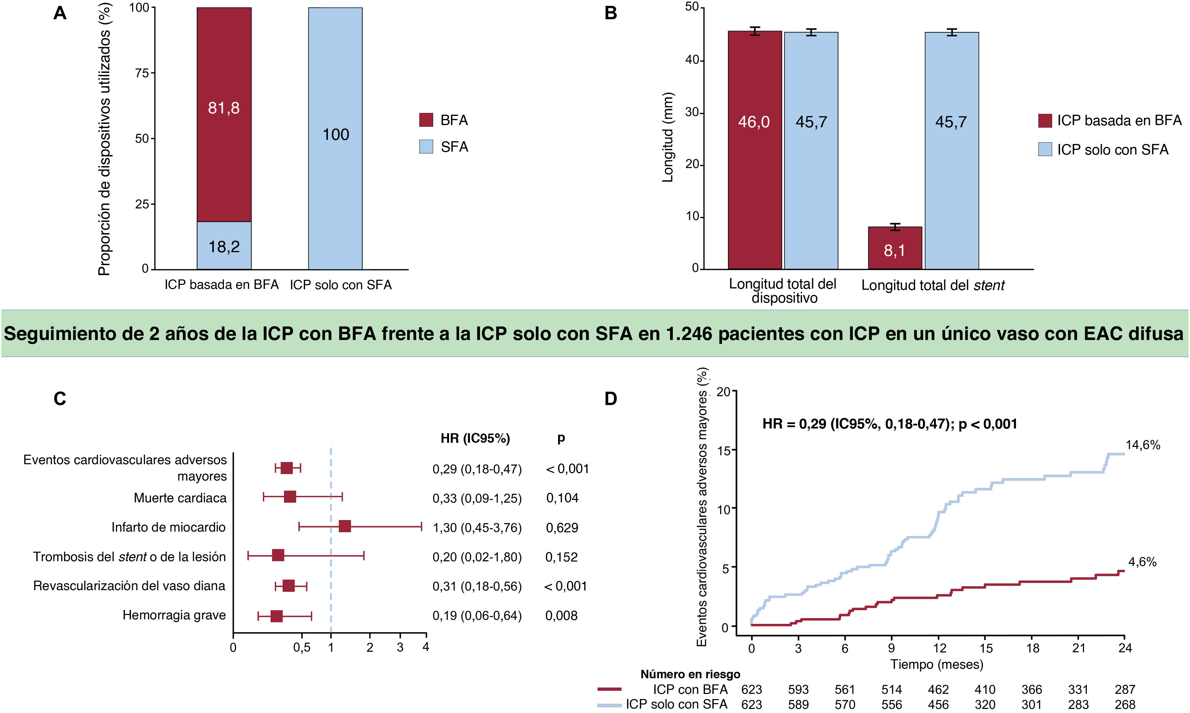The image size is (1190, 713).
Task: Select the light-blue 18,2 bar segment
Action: coord(224,245)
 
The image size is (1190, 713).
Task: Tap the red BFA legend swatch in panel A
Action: coord(426,120)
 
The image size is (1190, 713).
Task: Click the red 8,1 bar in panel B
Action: coord(894,248)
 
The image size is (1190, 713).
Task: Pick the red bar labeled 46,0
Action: coord(754,149)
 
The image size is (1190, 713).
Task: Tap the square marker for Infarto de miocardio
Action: coord(345,526)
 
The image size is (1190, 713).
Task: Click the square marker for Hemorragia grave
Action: coord(276,616)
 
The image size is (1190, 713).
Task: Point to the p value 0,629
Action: coord(562,528)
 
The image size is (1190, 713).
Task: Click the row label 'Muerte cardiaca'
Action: coord(180,498)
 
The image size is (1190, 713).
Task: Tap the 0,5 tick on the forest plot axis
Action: coord(301,648)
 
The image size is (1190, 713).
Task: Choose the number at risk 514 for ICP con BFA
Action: coord(891,690)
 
